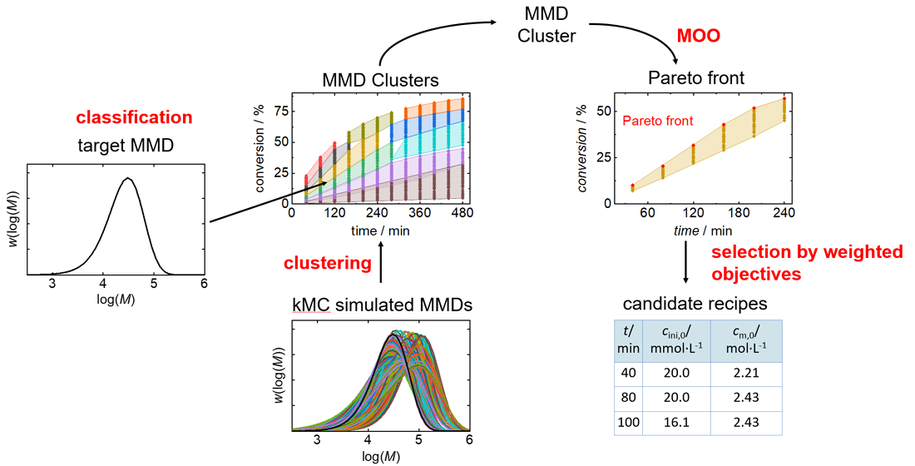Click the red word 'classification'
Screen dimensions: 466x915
pyautogui.click(x=134, y=117)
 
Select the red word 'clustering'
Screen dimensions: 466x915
pyautogui.click(x=327, y=264)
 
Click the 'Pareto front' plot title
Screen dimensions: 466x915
pyautogui.click(x=695, y=79)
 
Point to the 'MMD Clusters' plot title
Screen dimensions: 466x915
pyautogui.click(x=380, y=81)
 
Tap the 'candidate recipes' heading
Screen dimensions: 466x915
pyautogui.click(x=695, y=304)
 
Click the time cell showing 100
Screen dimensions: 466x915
pyautogui.click(x=629, y=422)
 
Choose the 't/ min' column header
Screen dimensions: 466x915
pyautogui.click(x=629, y=341)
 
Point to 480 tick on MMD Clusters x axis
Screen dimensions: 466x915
pyautogui.click(x=460, y=214)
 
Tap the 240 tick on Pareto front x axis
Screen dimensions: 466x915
pyautogui.click(x=782, y=214)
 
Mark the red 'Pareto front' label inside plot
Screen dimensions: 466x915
pyautogui.click(x=657, y=121)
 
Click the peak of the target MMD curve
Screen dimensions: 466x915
pyautogui.click(x=127, y=178)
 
